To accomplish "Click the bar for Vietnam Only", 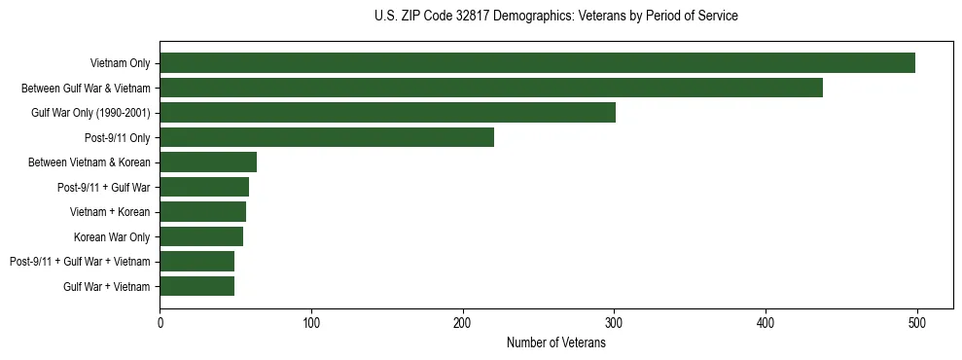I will pos(537,63).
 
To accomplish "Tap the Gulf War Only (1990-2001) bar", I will pos(387,113).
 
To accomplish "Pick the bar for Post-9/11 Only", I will pos(327,137).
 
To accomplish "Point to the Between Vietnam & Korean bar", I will pos(208,162).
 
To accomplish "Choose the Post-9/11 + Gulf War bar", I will pos(204,187).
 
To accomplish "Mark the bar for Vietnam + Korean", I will pos(202,212).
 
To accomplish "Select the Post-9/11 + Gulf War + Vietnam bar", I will pos(196,262).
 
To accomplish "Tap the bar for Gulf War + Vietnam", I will pos(196,286).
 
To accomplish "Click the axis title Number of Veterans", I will pos(555,342).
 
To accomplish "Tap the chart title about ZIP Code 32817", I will pos(555,17).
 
